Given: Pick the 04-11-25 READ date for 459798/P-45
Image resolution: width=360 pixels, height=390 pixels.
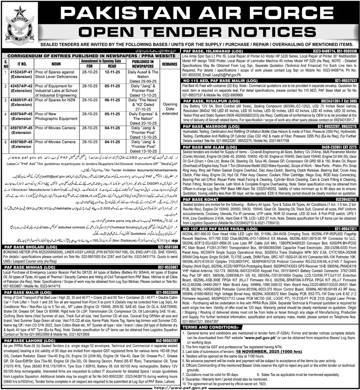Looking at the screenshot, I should pos(112,142).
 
